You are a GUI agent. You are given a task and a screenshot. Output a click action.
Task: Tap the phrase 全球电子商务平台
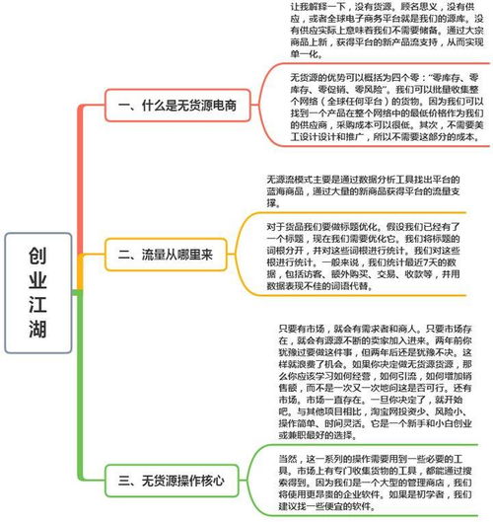click(353, 19)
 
